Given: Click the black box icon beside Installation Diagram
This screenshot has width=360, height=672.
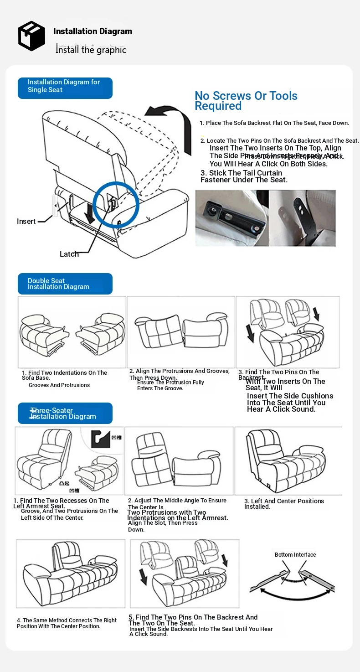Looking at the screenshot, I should coord(31,36).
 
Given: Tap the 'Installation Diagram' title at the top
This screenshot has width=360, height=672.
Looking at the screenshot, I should coord(93,31).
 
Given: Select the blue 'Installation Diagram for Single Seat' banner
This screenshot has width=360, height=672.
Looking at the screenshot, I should coord(65,88).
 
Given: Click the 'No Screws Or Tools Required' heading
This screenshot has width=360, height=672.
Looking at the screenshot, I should coord(246,101).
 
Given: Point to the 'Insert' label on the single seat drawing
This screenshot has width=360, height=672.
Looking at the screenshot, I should coord(26,221).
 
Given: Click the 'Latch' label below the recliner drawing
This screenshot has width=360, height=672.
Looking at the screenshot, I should coord(69,254).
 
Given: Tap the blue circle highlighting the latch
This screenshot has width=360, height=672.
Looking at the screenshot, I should coord(116,204).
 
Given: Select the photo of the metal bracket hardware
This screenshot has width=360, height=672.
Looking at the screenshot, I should coord(265,218).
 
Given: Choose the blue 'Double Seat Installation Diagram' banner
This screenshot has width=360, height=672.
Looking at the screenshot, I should coord(65,284).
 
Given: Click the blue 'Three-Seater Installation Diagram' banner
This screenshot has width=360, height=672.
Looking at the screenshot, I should coord(65,413).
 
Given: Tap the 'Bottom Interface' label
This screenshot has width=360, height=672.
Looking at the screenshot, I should coord(295,554).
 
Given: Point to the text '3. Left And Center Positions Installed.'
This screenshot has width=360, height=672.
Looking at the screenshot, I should coord(284,503).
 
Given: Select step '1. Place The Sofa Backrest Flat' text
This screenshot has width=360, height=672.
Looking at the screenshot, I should coord(274,123).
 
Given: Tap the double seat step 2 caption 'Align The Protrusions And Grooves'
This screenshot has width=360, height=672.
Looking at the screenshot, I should coord(179,371).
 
